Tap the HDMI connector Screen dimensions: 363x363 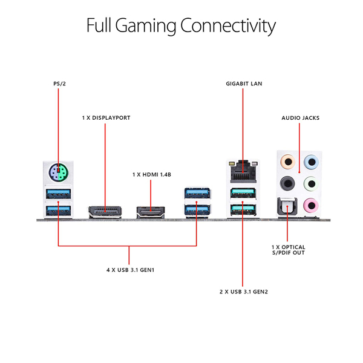(152, 211)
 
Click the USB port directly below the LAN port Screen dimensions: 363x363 (242, 194)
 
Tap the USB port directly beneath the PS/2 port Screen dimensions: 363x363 (58, 194)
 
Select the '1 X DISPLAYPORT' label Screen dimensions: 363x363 (106, 117)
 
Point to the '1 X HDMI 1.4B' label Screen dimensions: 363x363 (152, 174)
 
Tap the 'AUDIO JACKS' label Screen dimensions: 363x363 (301, 117)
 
